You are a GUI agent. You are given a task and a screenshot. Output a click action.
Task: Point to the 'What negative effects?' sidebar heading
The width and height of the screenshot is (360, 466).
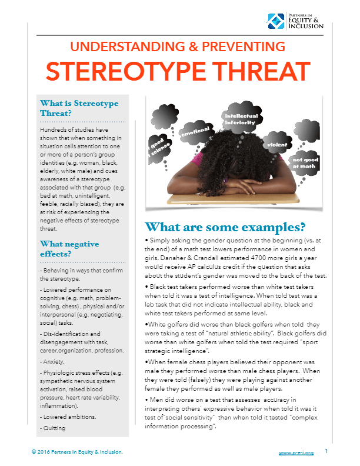coord(68,249)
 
